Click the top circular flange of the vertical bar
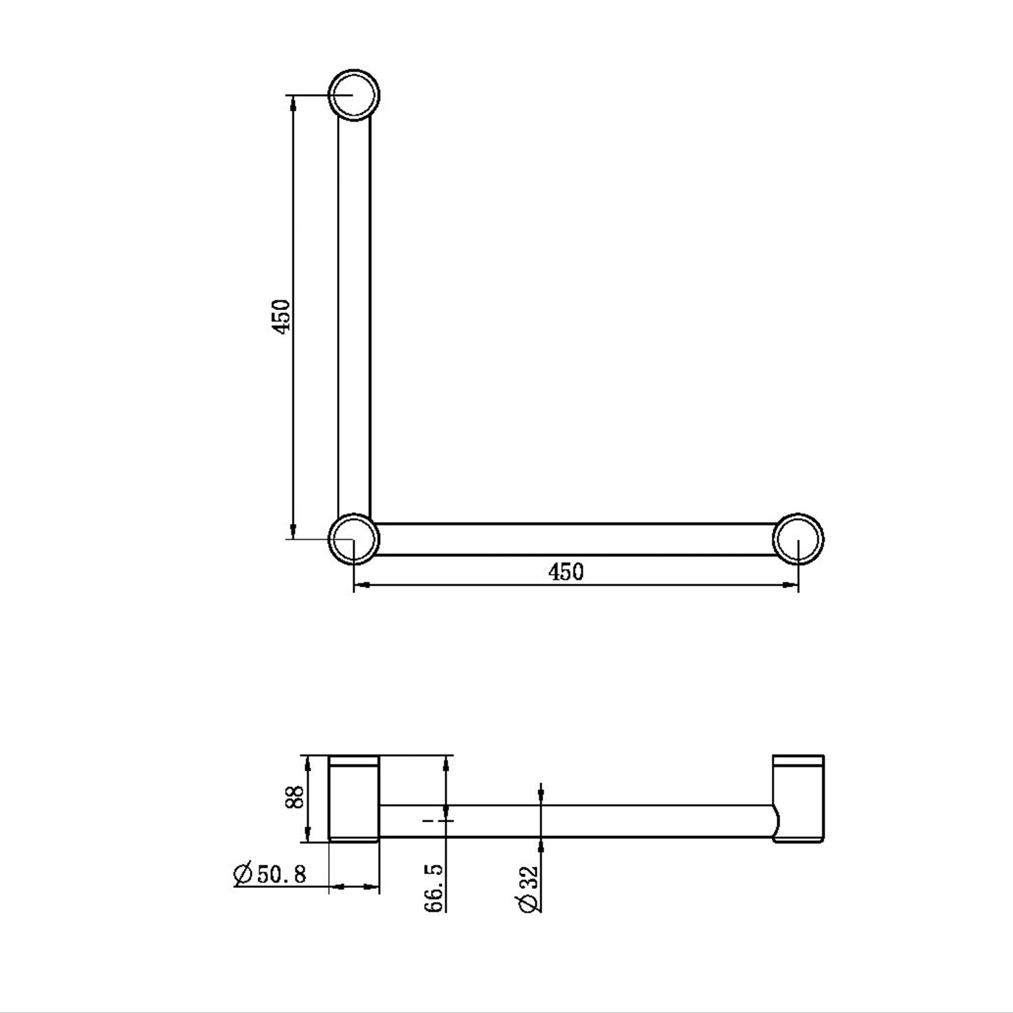[x=354, y=95]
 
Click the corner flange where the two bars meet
[x=354, y=538]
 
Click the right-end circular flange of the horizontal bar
[x=798, y=539]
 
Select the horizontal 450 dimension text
[x=565, y=572]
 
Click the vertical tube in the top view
[x=354, y=317]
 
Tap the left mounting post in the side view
[x=354, y=800]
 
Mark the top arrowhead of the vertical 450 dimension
[x=293, y=101]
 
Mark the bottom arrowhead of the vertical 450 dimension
[x=293, y=531]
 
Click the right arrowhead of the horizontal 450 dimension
[x=791, y=585]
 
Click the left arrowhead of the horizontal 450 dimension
[x=361, y=585]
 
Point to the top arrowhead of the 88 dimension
[x=309, y=763]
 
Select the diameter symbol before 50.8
[x=242, y=874]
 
